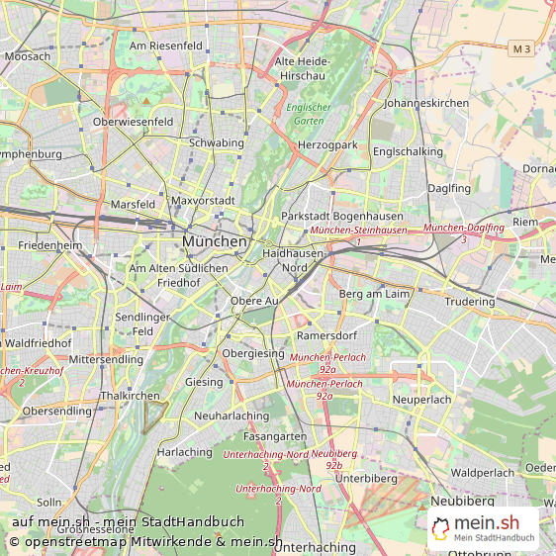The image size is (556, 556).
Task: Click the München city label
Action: point(215,241)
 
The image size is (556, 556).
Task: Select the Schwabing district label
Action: point(216,143)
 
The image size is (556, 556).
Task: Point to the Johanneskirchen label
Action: point(426,103)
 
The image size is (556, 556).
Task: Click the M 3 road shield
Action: point(521,47)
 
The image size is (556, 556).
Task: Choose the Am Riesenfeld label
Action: point(166,46)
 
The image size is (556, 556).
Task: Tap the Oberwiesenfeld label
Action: point(133,122)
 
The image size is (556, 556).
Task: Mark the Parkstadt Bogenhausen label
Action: point(341,216)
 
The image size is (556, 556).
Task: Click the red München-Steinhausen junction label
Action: point(358,231)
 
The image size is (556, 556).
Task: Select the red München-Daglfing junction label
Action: point(463,229)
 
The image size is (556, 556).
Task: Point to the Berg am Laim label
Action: point(374,294)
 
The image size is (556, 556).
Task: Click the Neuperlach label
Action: point(421,400)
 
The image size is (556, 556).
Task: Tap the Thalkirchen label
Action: point(130,396)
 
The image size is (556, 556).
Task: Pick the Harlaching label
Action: point(185,452)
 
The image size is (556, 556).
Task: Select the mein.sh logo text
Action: point(486,523)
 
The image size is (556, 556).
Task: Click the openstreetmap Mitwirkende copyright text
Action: point(145,542)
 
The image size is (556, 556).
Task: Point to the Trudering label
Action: point(470,302)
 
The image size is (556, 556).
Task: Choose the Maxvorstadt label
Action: point(203,201)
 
